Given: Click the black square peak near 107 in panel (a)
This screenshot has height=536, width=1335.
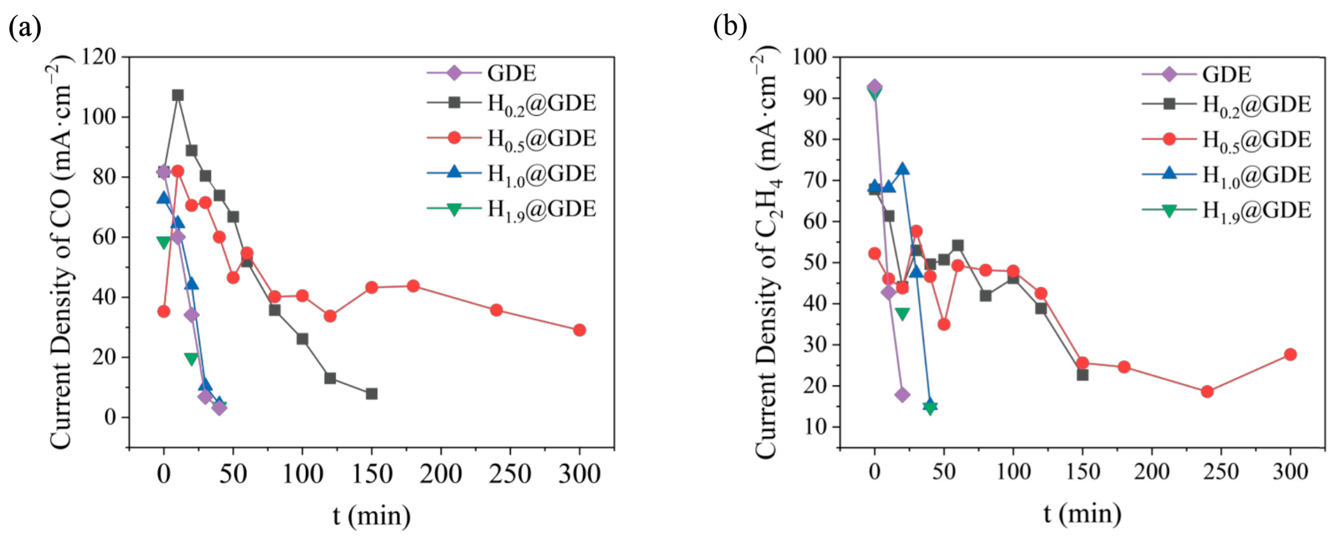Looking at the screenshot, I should [178, 95].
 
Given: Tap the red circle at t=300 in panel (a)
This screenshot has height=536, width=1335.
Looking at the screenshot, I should [579, 330].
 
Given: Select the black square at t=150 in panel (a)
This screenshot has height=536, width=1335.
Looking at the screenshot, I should [371, 394].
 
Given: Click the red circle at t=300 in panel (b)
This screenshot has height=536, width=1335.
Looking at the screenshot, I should [1290, 354].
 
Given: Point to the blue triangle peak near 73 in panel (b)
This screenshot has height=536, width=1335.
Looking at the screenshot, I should [902, 169].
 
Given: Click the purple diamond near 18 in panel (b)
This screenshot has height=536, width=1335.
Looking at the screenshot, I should [902, 395].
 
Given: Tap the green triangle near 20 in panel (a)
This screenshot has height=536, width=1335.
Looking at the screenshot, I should [191, 358].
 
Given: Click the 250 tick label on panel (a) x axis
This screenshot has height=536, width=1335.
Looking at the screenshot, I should [510, 473].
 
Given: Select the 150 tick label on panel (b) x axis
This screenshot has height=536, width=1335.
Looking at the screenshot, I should [1082, 472].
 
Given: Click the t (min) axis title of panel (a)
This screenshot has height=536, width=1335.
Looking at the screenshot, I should [371, 515].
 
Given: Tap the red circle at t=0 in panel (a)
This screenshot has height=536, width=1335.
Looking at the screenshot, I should [164, 311].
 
